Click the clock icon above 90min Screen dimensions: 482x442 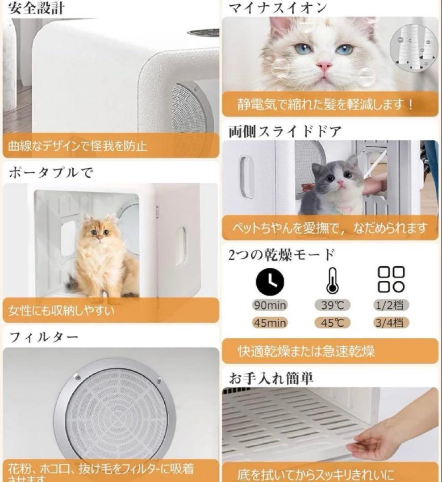pos(270,280)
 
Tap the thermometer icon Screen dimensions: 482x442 pos(332,280)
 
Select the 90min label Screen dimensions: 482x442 pos(270,305)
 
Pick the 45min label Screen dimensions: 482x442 pos(270,323)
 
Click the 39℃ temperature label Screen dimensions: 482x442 pos(332,305)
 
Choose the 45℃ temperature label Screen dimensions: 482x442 pos(332,323)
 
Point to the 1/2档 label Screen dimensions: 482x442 pos(391,305)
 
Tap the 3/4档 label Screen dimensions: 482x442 pos(391,323)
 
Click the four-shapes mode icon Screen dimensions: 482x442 pos(391,280)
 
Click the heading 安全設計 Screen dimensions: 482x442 pos(36,9)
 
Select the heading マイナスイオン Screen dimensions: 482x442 pos(278,8)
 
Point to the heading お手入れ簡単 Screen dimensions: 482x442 pos(271,378)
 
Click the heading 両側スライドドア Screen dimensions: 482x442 pos(285,131)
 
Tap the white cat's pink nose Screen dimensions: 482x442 pos(324,66)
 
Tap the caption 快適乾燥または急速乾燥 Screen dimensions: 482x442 pos(306,351)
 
